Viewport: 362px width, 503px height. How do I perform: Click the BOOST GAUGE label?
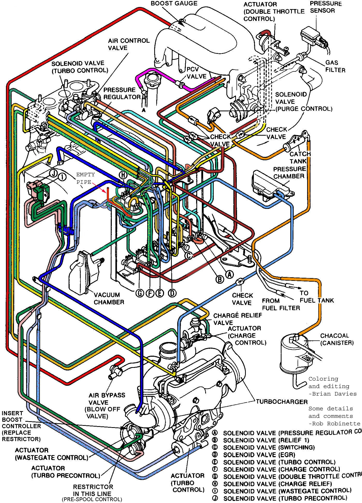coord(174,4)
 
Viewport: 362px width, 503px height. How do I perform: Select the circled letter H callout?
coord(123,175)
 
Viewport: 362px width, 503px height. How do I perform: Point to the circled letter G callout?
coord(140,293)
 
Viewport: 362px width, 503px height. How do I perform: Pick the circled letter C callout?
coord(189,256)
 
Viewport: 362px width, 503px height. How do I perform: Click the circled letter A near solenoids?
coord(229,274)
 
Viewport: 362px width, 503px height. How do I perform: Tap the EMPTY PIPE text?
coord(85,178)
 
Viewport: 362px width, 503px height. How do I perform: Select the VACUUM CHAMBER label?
coord(109,298)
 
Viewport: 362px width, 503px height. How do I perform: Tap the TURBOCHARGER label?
coord(282,402)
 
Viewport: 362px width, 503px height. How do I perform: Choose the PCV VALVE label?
coord(196,73)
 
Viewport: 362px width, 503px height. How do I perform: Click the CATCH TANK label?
coord(300,158)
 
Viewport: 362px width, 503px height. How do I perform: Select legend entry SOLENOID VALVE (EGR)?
coord(259,455)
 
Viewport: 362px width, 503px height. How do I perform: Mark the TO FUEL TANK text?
coord(316,297)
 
